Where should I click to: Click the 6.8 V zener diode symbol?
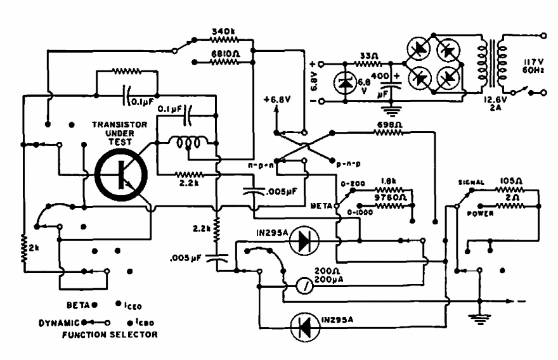346,82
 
